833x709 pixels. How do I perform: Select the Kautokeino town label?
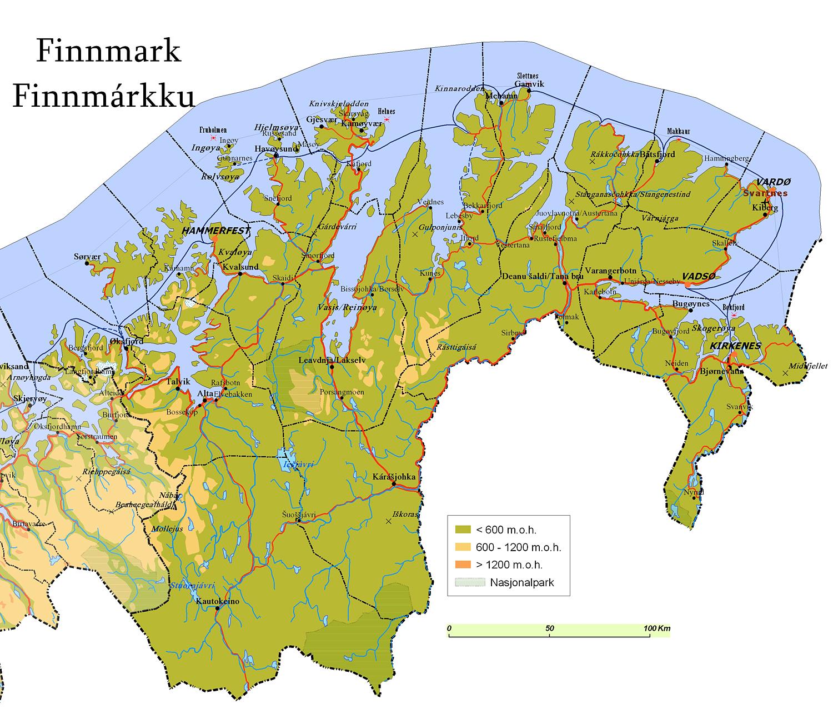click(x=218, y=601)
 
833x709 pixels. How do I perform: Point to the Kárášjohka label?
click(x=394, y=477)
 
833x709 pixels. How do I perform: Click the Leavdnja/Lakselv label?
click(x=332, y=360)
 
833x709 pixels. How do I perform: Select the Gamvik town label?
click(x=529, y=84)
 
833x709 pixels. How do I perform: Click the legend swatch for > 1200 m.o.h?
click(x=463, y=565)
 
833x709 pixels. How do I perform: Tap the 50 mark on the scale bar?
click(x=550, y=628)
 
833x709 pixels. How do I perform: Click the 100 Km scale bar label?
click(x=656, y=628)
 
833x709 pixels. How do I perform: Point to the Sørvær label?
click(x=88, y=257)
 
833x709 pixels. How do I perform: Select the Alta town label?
click(x=205, y=393)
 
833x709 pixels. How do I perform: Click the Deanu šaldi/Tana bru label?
click(x=543, y=276)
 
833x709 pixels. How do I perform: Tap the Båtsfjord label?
click(x=658, y=154)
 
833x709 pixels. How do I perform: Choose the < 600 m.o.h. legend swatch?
click(x=463, y=530)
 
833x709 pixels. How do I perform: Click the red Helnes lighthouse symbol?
click(x=387, y=120)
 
